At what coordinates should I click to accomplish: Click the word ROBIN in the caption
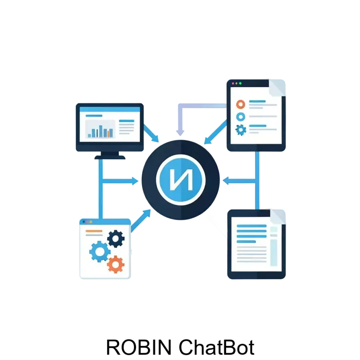click(x=139, y=347)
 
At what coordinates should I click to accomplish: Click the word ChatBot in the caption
click(x=216, y=347)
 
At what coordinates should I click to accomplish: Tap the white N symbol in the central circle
click(x=181, y=179)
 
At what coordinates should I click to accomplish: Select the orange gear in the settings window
click(x=116, y=264)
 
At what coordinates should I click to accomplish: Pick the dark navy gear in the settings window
click(x=116, y=239)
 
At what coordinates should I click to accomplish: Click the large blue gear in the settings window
click(x=100, y=252)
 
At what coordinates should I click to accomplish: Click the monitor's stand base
click(x=110, y=157)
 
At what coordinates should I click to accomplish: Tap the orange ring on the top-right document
click(x=241, y=104)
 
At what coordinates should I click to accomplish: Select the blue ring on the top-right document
click(x=241, y=117)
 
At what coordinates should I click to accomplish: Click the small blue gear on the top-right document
click(x=241, y=130)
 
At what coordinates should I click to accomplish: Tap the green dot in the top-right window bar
click(x=240, y=83)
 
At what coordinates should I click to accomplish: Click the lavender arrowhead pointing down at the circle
click(x=180, y=133)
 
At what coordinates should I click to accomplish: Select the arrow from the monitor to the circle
click(x=151, y=133)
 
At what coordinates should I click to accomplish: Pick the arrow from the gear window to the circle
click(x=141, y=221)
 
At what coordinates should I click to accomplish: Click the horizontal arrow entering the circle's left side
click(x=120, y=181)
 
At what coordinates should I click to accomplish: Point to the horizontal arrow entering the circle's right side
click(x=239, y=181)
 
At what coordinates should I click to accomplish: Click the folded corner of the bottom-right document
click(x=278, y=217)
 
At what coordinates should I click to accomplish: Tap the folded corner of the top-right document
click(x=277, y=88)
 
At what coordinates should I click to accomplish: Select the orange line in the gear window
click(x=94, y=231)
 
